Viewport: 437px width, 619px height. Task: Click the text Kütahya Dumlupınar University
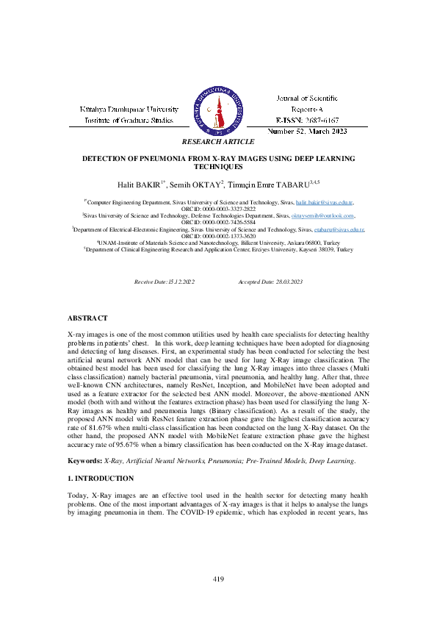point(129,109)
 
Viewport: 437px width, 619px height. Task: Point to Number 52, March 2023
point(308,130)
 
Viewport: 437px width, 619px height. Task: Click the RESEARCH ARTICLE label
point(218,141)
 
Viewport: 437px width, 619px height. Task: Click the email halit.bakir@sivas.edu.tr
point(324,201)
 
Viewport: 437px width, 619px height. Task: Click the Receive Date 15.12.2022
point(165,282)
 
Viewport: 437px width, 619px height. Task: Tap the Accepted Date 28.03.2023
point(271,282)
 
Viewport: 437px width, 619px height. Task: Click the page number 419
point(218,579)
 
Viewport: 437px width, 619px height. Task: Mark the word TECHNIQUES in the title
point(218,167)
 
